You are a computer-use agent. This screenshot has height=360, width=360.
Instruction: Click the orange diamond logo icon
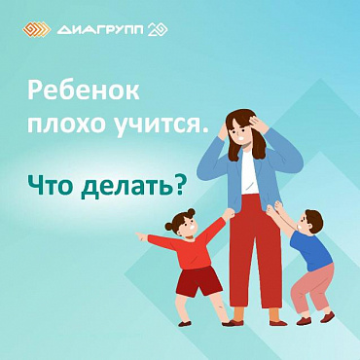tap(37, 30)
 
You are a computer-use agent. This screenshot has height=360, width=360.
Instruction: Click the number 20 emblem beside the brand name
tap(158, 30)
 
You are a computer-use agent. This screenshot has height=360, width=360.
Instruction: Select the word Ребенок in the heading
tap(84, 90)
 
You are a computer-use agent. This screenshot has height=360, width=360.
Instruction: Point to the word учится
tap(162, 126)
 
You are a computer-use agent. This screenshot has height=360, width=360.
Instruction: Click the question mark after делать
tap(180, 187)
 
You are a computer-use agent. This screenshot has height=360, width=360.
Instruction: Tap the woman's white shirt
tap(249, 173)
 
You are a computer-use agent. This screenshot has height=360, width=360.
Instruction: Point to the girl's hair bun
tap(192, 212)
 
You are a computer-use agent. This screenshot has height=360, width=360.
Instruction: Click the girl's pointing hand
tap(141, 236)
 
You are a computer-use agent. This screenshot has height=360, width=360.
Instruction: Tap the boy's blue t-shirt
tap(310, 250)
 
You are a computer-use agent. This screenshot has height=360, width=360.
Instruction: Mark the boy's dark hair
tap(314, 221)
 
